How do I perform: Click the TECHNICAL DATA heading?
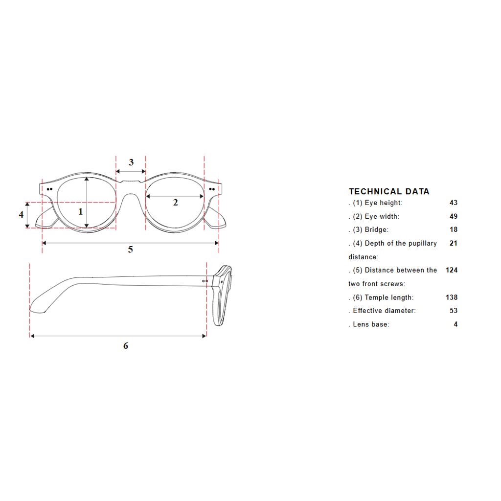click(x=389, y=191)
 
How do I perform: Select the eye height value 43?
click(x=454, y=203)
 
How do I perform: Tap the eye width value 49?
click(x=454, y=216)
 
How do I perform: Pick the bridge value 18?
click(x=454, y=229)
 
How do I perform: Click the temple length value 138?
click(x=452, y=297)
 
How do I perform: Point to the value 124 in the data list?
click(x=452, y=270)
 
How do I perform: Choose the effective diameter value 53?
click(x=454, y=311)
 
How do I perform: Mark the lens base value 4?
click(x=455, y=324)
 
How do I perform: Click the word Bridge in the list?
click(x=376, y=230)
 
